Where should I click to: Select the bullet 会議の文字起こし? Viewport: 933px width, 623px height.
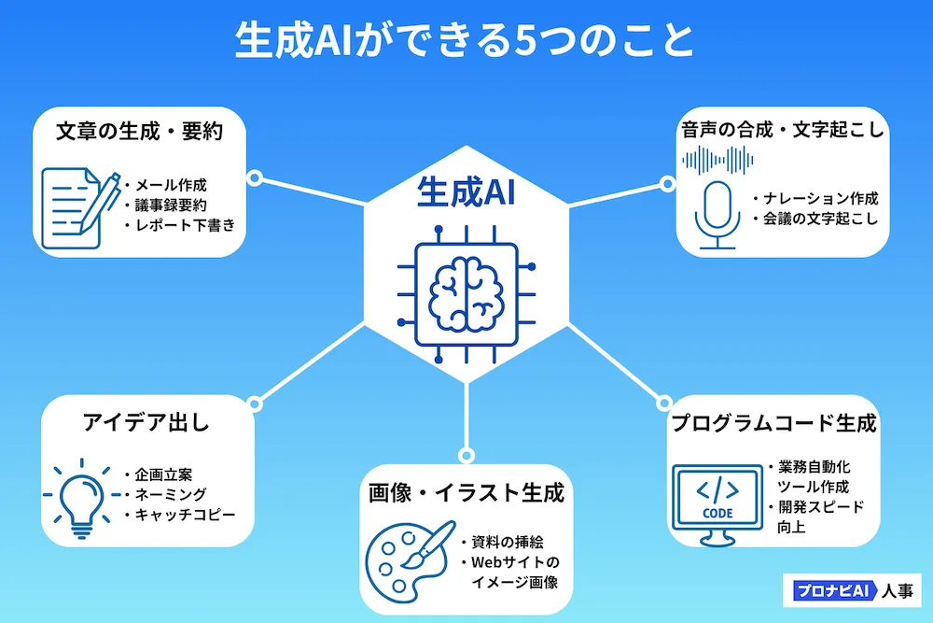(x=821, y=219)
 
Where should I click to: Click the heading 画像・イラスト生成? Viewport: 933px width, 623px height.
(x=466, y=493)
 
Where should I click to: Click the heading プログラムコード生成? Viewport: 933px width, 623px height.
(x=774, y=423)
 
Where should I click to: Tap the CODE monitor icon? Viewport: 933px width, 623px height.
(x=716, y=502)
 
